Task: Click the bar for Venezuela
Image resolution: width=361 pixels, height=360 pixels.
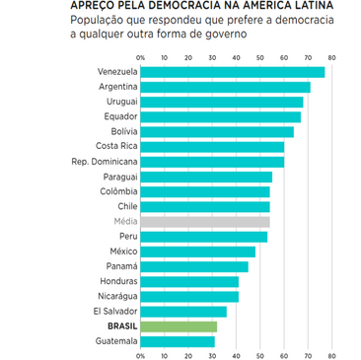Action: [x=232, y=72]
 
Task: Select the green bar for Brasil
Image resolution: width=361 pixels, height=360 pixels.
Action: [x=179, y=325]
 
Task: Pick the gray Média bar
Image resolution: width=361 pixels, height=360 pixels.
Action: [x=204, y=222]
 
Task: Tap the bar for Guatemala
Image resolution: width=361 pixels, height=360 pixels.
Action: [x=178, y=341]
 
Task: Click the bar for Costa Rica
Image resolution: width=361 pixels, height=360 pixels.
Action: [x=212, y=146]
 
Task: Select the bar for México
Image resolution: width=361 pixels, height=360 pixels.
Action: [x=197, y=252]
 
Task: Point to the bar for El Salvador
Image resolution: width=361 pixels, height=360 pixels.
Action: [x=183, y=311]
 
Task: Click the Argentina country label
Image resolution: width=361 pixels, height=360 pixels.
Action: [x=116, y=87]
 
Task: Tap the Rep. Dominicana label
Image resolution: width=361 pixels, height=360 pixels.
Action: [x=105, y=161]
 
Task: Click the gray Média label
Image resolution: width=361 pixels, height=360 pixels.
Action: [x=124, y=222]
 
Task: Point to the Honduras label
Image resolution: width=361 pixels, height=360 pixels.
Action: [x=118, y=281]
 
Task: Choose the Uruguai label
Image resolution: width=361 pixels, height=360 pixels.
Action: [x=120, y=102]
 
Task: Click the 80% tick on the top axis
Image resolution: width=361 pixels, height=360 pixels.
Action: [x=332, y=56]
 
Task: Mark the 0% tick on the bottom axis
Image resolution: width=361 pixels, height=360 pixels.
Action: [x=141, y=355]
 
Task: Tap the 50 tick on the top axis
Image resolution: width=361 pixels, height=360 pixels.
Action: [x=260, y=56]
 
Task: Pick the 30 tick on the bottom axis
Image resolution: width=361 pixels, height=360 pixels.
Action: [x=212, y=355]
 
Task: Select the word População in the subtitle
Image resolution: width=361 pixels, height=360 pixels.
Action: [x=98, y=21]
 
